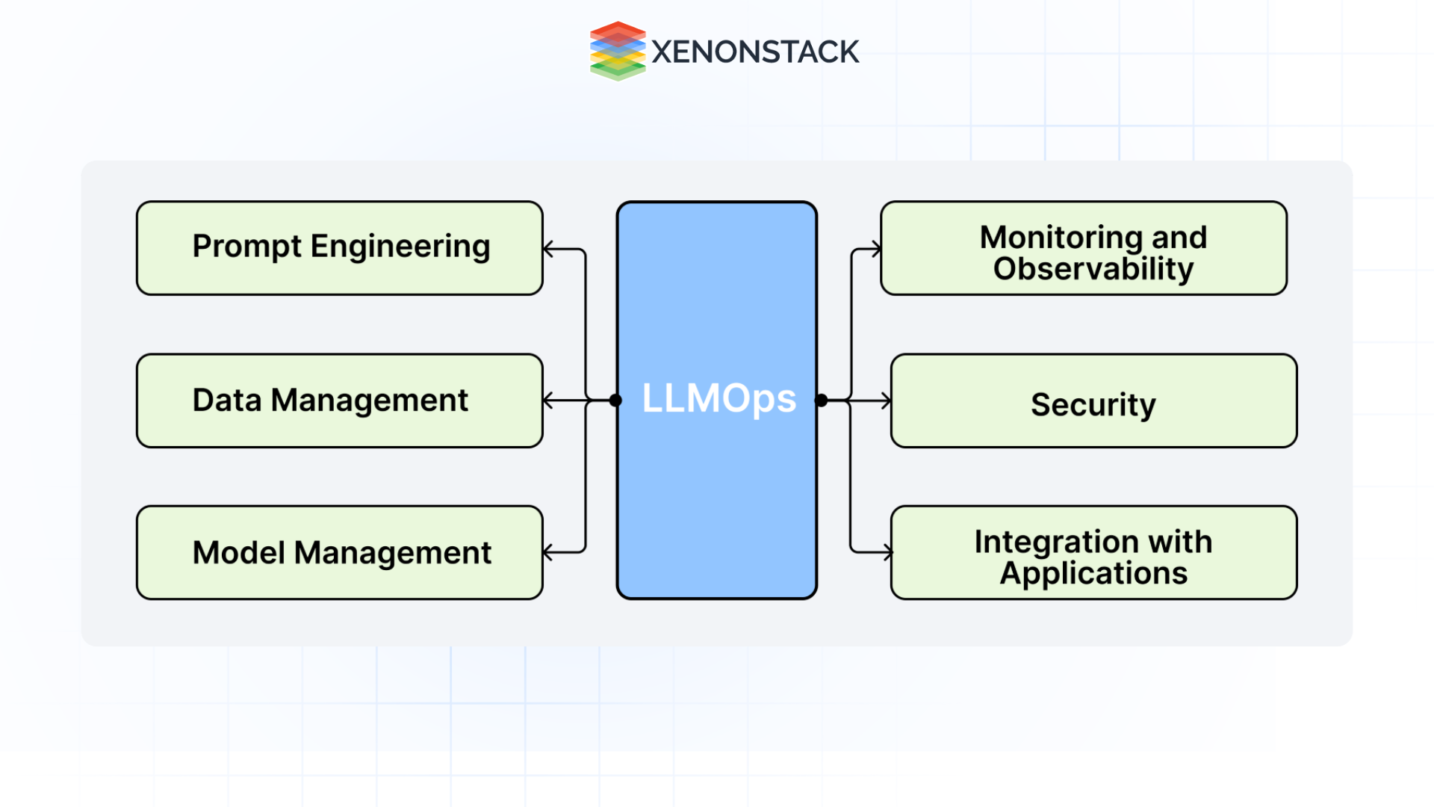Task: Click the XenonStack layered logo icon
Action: pyautogui.click(x=617, y=51)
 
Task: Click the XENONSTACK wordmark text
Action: pyautogui.click(x=755, y=52)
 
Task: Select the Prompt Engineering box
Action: pyautogui.click(x=340, y=248)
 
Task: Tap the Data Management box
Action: pyautogui.click(x=340, y=401)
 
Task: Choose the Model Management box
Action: pyautogui.click(x=340, y=553)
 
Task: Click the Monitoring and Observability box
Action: pyautogui.click(x=1083, y=248)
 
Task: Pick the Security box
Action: pyautogui.click(x=1093, y=401)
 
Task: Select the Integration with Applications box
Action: pyautogui.click(x=1093, y=553)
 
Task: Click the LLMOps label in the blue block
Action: pyautogui.click(x=718, y=398)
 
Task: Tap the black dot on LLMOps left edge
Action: pyautogui.click(x=615, y=401)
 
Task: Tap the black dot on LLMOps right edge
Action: pyautogui.click(x=821, y=401)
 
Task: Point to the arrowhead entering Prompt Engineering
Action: pyautogui.click(x=548, y=249)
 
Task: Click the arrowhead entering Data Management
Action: pyautogui.click(x=548, y=401)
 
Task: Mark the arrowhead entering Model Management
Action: pyautogui.click(x=548, y=553)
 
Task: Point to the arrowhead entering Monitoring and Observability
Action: pyautogui.click(x=877, y=249)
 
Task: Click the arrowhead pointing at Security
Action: pyautogui.click(x=887, y=401)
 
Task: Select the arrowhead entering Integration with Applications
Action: pyautogui.click(x=888, y=553)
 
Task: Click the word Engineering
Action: pyautogui.click(x=400, y=247)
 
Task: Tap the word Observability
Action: pyautogui.click(x=1093, y=269)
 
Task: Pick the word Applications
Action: pyautogui.click(x=1093, y=574)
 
